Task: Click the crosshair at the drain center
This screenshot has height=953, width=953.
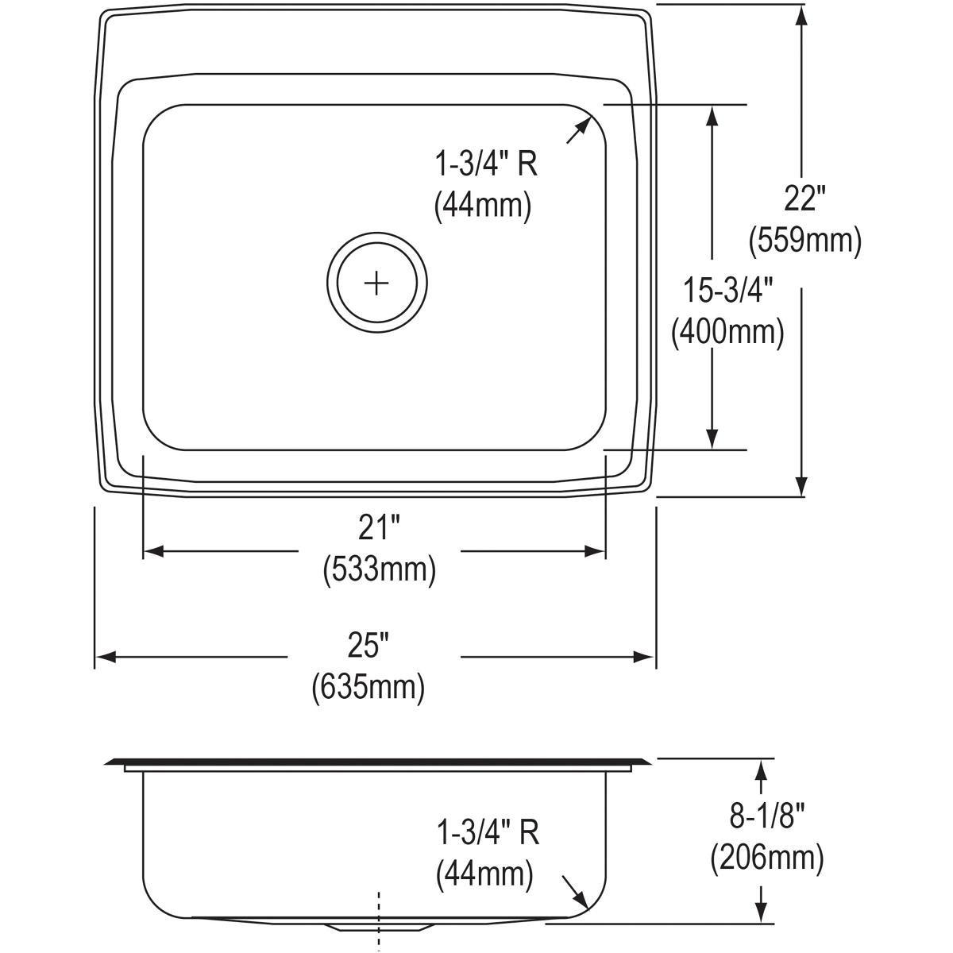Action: [377, 282]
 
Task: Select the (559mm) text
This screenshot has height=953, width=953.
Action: [804, 240]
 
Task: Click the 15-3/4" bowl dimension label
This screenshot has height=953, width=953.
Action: [727, 291]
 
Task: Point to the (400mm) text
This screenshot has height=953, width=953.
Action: [727, 332]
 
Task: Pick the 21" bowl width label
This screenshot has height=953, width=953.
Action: [379, 528]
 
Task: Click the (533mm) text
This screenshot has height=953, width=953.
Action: [379, 569]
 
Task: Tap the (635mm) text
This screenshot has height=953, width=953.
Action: [368, 686]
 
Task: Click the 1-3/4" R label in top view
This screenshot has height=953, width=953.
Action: [485, 164]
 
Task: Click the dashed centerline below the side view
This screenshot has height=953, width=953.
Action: [380, 921]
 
